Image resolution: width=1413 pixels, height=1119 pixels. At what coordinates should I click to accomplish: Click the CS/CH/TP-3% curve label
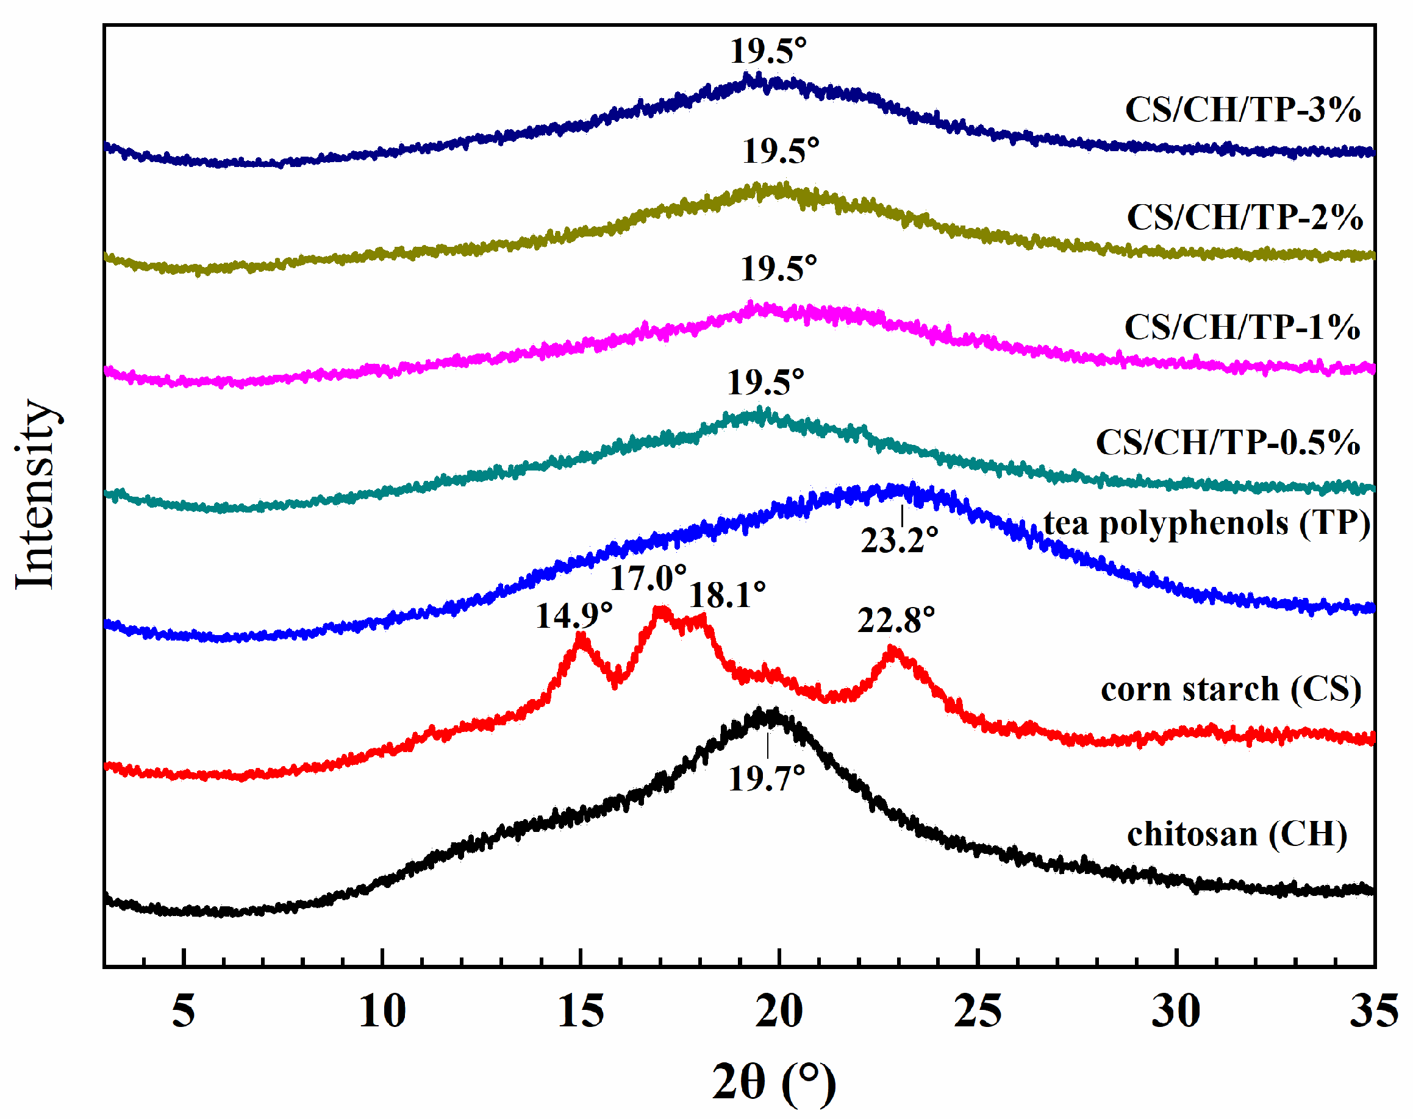pos(1243,110)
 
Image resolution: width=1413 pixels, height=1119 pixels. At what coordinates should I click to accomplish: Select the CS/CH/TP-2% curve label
pos(1245,217)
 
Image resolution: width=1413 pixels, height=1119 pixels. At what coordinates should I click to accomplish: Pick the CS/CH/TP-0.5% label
pos(1228,442)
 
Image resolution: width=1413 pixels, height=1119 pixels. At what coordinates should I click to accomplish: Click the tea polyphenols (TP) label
pos(1206,524)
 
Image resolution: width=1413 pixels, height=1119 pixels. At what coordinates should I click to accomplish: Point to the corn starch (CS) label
pos(1231,689)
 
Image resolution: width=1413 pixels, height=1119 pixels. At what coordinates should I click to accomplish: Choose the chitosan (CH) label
pos(1237,834)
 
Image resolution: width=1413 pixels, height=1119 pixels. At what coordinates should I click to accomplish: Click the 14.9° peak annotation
pos(574,616)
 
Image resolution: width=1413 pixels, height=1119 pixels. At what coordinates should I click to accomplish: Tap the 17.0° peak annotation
pos(648,578)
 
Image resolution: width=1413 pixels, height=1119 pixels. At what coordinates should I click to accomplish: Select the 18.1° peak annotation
pos(728,595)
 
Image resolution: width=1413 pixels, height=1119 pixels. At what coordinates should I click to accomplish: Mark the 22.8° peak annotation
pos(896,620)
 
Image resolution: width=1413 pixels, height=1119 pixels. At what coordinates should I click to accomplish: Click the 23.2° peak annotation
pos(899,541)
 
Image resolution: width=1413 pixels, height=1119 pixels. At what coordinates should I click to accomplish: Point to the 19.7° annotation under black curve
pos(766,779)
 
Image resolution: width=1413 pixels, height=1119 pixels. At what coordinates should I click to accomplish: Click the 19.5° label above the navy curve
pos(768,51)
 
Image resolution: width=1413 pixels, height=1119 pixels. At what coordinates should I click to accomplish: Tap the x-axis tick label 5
pos(184,1012)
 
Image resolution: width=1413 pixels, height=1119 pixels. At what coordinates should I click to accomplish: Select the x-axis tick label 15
pos(581,1012)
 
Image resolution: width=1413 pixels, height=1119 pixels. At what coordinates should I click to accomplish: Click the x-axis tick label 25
pos(977,1012)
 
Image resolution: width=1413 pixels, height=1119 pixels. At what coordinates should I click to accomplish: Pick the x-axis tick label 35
pos(1374,1012)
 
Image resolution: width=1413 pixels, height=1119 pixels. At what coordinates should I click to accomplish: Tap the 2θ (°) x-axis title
pos(774,1082)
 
